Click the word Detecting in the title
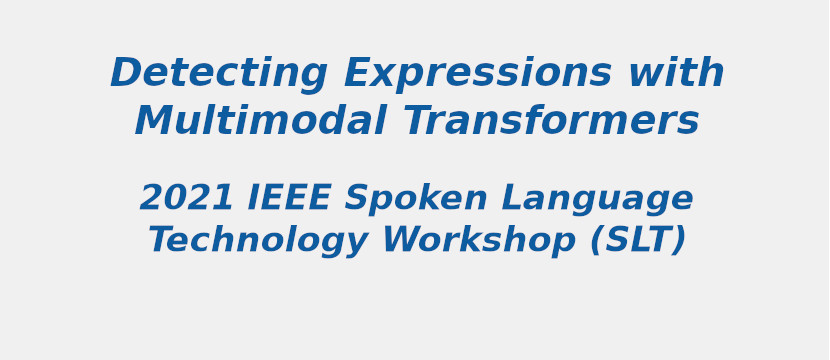point(219,73)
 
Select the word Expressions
point(477,73)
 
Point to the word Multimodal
point(260,120)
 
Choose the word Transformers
point(551,120)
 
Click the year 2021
point(186,197)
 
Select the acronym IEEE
point(289,197)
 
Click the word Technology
point(258,241)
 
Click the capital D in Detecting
point(127,72)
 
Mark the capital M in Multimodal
point(156,121)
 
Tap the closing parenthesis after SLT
point(678,241)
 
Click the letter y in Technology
point(355,246)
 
